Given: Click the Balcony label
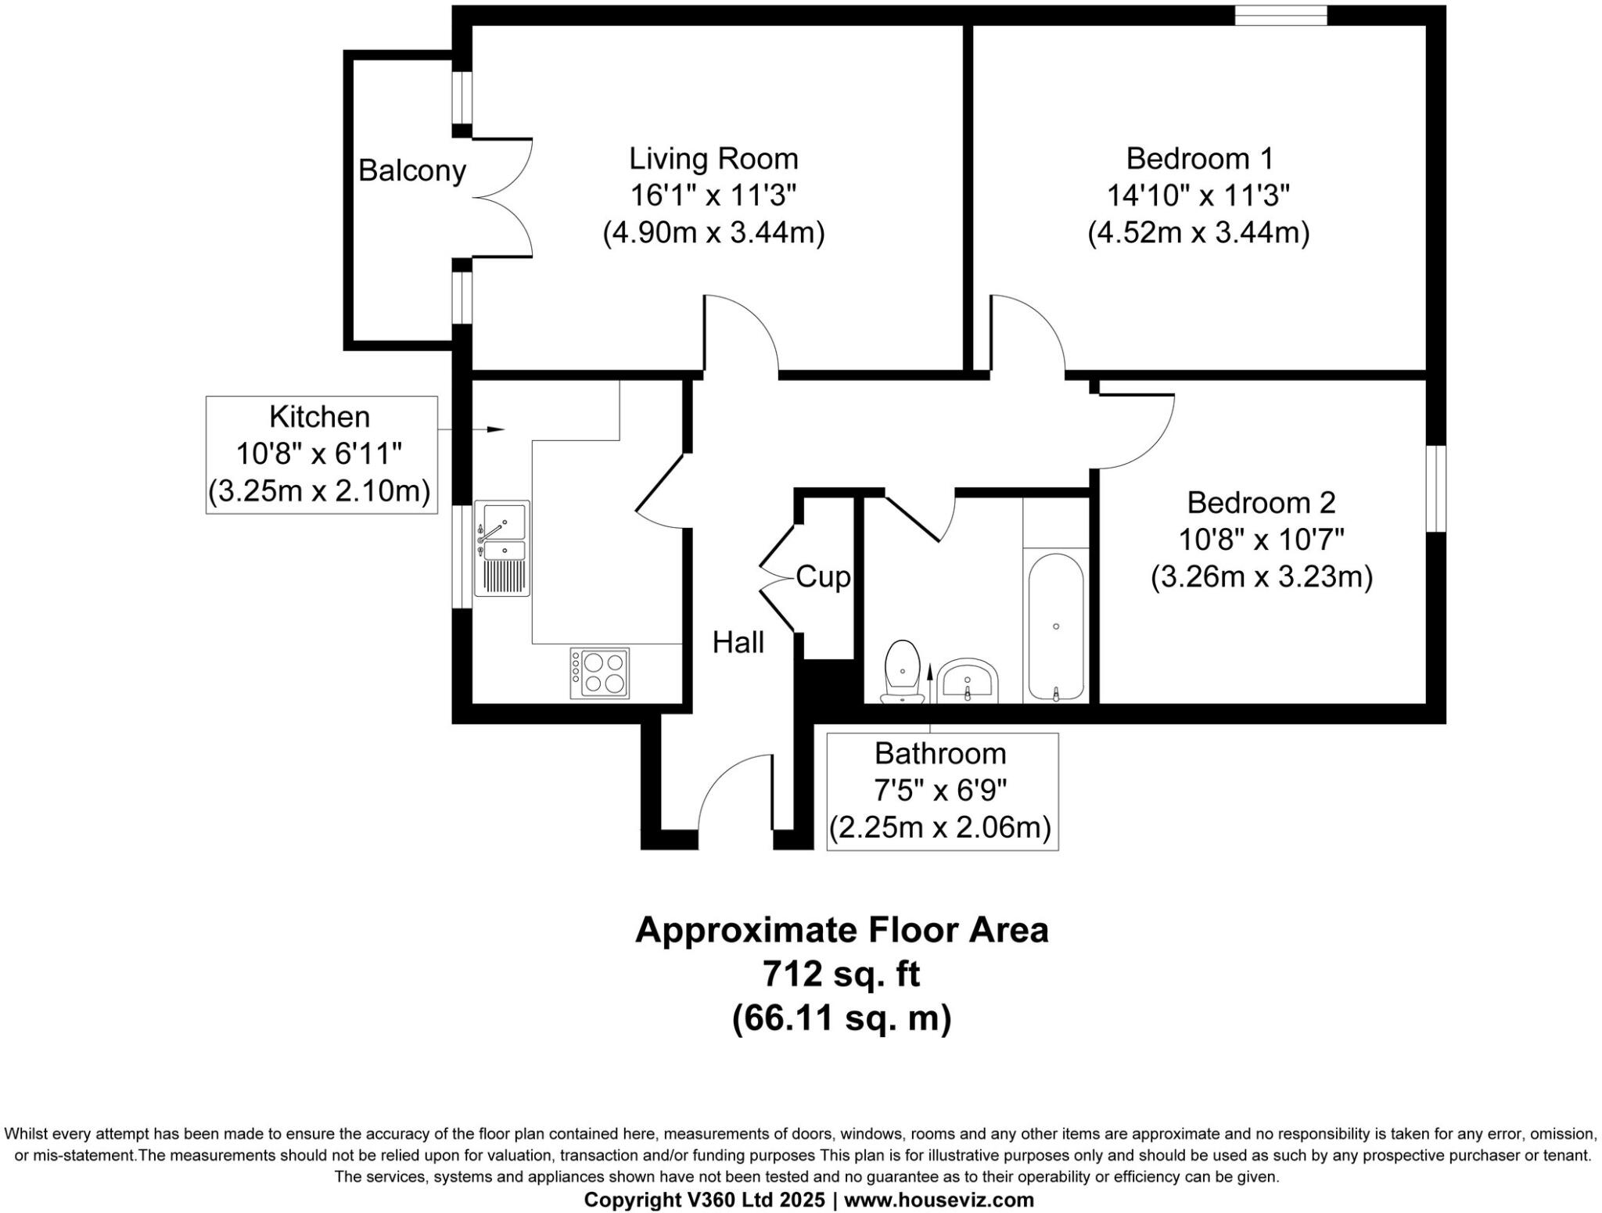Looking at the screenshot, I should point(411,170).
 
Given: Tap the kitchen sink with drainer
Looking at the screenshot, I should point(502,548).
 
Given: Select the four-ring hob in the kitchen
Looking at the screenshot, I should point(600,673).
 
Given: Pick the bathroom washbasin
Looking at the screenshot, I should point(968,680).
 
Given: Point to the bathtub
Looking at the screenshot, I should point(1055,626).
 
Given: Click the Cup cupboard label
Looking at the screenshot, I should point(823,577).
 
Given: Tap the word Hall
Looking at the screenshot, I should point(738,643).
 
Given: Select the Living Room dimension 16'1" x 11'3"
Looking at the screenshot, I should point(713,196).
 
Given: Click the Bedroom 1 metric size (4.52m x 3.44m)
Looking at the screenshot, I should point(1198,232).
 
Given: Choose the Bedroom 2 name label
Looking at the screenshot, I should point(1261,502).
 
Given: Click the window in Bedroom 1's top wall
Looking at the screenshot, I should point(1281,15).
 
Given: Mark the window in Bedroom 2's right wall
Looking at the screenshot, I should point(1436,489).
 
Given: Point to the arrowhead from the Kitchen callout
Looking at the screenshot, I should point(496,429).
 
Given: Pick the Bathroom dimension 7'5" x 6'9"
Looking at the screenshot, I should point(940,791).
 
